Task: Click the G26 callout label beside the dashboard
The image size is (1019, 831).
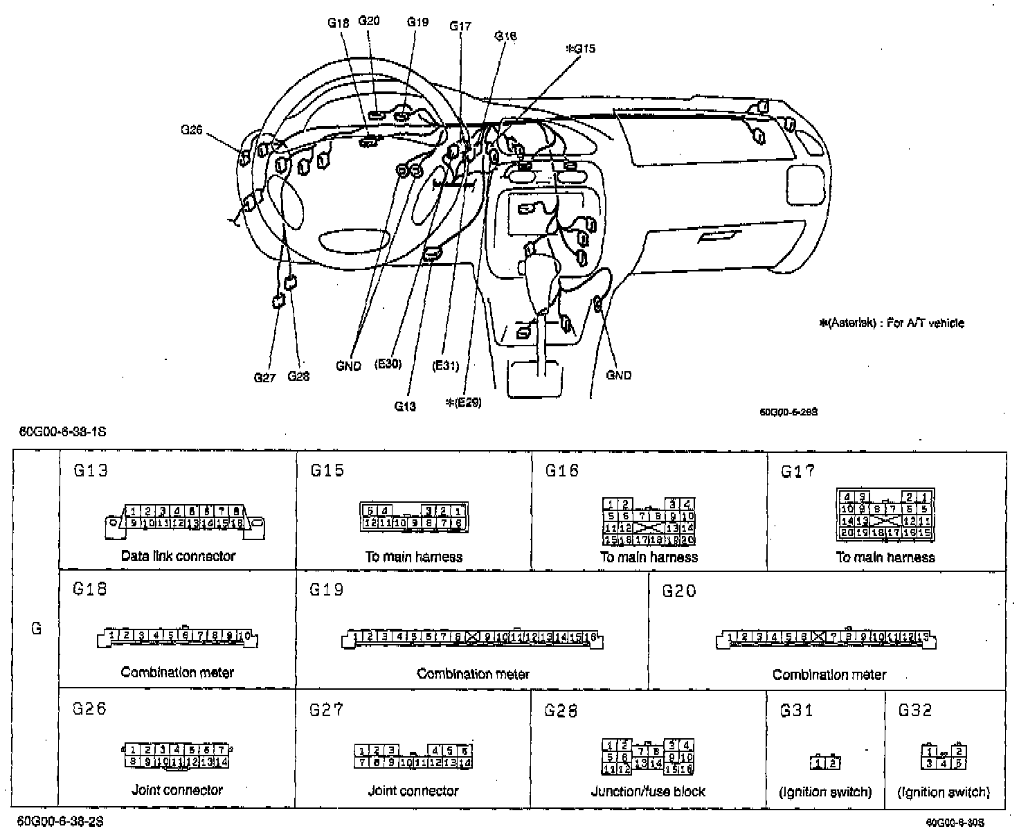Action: pos(191,129)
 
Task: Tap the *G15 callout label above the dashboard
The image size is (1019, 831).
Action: pos(580,49)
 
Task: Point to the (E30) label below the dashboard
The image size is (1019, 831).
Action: pos(388,364)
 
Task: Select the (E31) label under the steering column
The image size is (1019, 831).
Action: pos(445,366)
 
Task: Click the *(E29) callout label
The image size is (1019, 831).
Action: pos(463,402)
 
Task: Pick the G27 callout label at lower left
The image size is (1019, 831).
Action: pos(264,377)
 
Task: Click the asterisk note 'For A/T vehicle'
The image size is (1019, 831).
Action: pos(891,323)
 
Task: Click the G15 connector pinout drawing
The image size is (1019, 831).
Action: pos(414,517)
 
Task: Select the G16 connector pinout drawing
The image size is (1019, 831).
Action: pos(649,521)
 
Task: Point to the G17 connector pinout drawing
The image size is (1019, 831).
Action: pos(885,515)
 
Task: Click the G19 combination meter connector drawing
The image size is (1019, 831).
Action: pos(473,638)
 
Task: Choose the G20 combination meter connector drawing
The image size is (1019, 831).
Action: pos(827,638)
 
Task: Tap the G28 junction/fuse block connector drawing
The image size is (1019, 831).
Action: pos(648,756)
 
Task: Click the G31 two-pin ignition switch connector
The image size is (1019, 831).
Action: pos(825,762)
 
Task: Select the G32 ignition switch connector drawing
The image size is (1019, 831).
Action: pos(944,757)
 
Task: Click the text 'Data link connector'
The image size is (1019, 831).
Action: pos(178,555)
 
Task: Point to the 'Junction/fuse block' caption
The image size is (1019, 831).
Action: pos(648,791)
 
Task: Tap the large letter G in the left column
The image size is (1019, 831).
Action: pos(37,628)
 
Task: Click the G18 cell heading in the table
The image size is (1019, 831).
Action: pos(90,589)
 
